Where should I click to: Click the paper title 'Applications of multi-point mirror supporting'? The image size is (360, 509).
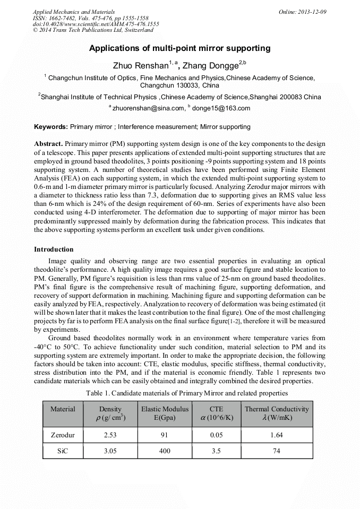click(x=179, y=48)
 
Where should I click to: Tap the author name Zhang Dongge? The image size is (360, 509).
click(x=210, y=66)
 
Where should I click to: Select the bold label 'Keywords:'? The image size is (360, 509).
click(x=51, y=127)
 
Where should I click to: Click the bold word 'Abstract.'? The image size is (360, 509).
click(x=48, y=144)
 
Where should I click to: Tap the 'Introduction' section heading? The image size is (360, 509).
click(x=54, y=249)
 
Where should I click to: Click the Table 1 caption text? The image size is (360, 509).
click(x=186, y=393)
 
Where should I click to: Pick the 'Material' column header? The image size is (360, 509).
click(x=63, y=409)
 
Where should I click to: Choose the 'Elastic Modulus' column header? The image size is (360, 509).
click(x=165, y=409)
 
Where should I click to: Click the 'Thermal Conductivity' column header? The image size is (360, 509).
click(x=276, y=409)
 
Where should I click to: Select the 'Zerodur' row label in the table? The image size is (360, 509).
click(x=63, y=435)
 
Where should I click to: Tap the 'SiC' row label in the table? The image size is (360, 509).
click(x=63, y=451)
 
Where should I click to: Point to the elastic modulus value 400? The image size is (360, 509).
click(x=165, y=451)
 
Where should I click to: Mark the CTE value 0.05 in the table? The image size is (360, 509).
click(x=216, y=435)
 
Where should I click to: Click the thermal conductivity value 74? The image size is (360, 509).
click(x=276, y=451)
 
